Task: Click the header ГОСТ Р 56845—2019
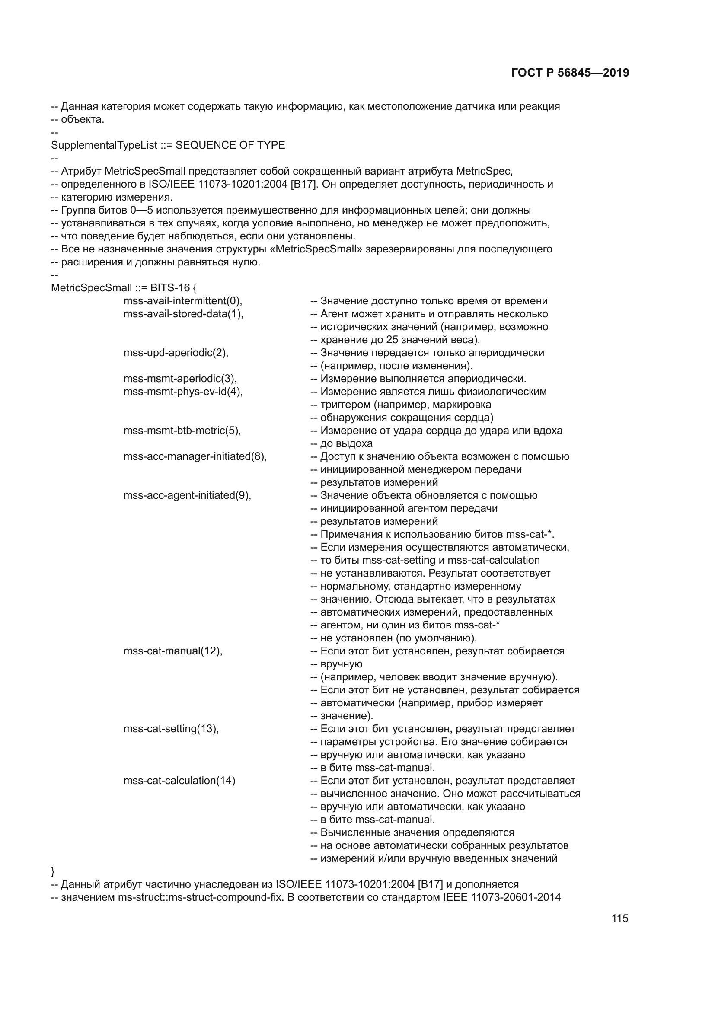570,73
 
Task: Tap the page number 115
619,919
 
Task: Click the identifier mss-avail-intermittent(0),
183,301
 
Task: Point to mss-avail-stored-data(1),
183,314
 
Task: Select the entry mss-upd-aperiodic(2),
176,353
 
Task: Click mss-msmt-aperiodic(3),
180,379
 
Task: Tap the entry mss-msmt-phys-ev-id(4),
183,392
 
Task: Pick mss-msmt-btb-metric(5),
182,431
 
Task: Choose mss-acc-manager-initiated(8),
195,456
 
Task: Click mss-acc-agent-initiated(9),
187,495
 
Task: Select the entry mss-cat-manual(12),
173,651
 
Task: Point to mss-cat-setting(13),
171,729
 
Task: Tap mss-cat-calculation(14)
179,781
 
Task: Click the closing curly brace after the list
53,871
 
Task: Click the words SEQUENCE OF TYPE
230,145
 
